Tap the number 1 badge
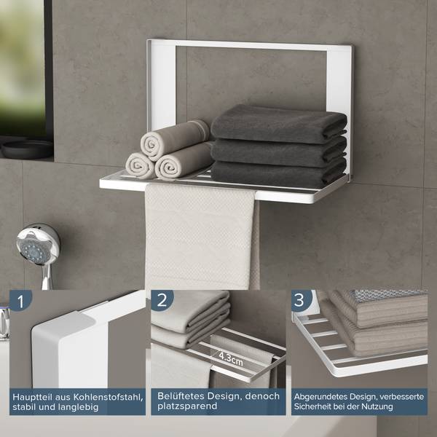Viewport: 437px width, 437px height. coord(20,301)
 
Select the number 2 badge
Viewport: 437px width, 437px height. coord(162,300)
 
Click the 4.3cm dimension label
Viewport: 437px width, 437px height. coord(231,358)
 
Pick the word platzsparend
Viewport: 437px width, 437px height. coord(187,406)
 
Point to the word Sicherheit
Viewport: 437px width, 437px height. coord(312,406)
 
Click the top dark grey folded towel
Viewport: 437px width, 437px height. coord(279,124)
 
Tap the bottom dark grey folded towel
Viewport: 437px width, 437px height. coord(279,173)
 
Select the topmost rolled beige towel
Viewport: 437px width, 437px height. coord(175,139)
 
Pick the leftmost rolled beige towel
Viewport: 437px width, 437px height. coord(140,165)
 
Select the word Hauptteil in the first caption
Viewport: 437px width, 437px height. coord(32,398)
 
